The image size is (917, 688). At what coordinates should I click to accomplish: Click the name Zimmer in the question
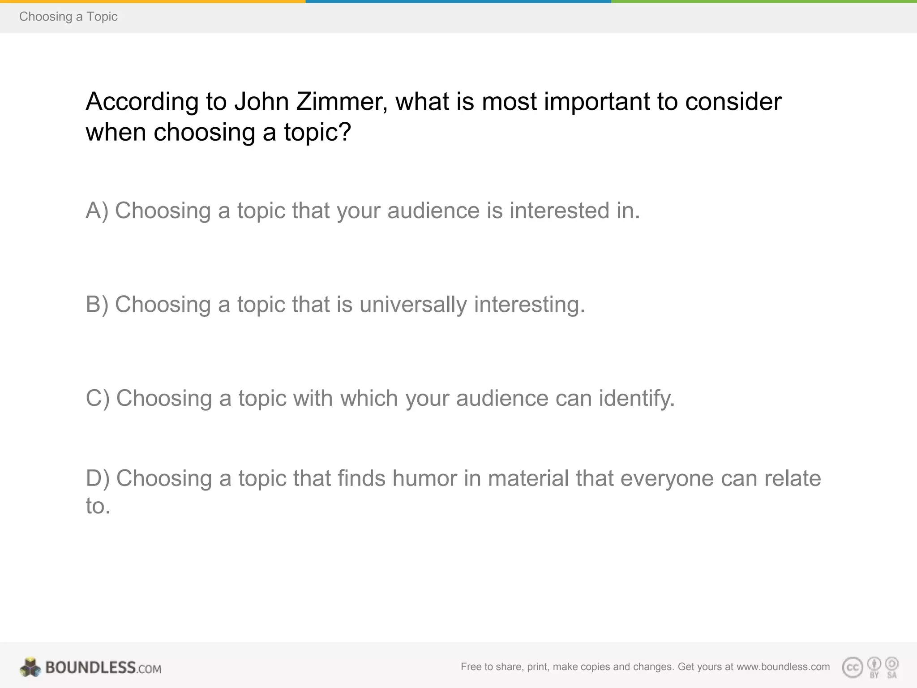[x=342, y=102]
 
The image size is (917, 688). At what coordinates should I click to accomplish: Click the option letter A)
[x=97, y=211]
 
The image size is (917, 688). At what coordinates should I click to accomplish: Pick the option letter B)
[x=97, y=305]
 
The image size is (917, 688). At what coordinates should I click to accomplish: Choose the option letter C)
[x=98, y=398]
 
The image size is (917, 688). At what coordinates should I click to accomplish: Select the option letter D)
[x=98, y=478]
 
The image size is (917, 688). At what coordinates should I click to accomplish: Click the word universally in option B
[x=413, y=305]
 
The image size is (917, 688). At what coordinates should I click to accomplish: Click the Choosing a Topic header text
[x=68, y=17]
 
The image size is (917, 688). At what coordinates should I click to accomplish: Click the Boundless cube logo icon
[x=30, y=667]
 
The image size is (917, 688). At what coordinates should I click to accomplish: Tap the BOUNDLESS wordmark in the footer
[x=90, y=667]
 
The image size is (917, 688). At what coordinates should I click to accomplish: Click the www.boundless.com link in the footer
[x=783, y=666]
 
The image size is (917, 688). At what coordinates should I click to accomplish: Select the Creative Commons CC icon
[x=853, y=668]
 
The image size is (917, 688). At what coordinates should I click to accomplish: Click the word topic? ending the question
[x=317, y=133]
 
